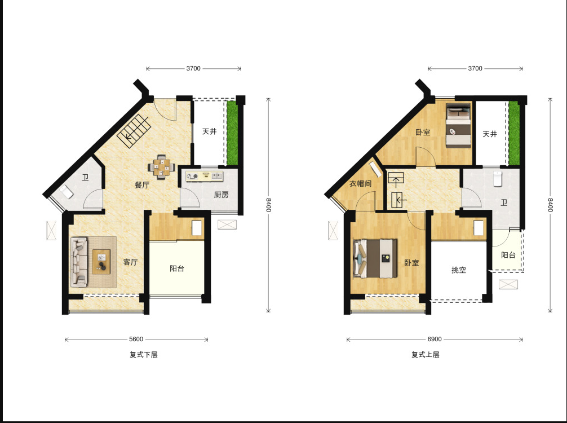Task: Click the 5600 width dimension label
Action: [136, 339]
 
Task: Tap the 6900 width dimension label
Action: [435, 339]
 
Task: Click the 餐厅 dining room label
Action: [142, 185]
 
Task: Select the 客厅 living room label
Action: [130, 262]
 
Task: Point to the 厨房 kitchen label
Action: [221, 195]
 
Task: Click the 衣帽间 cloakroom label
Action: [360, 183]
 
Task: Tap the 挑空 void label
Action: [459, 270]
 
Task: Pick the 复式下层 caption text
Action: [144, 355]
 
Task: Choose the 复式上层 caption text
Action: [425, 355]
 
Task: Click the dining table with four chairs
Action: [162, 167]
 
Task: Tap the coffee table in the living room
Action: [101, 262]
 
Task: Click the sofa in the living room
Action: [79, 260]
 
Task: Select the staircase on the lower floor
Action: [134, 131]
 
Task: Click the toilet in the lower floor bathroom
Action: [67, 192]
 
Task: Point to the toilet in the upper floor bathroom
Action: [498, 179]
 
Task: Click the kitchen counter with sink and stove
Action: [204, 176]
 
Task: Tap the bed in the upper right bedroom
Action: [458, 126]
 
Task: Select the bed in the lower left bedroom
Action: [375, 258]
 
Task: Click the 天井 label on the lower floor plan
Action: [209, 131]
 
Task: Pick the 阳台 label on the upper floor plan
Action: [508, 255]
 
